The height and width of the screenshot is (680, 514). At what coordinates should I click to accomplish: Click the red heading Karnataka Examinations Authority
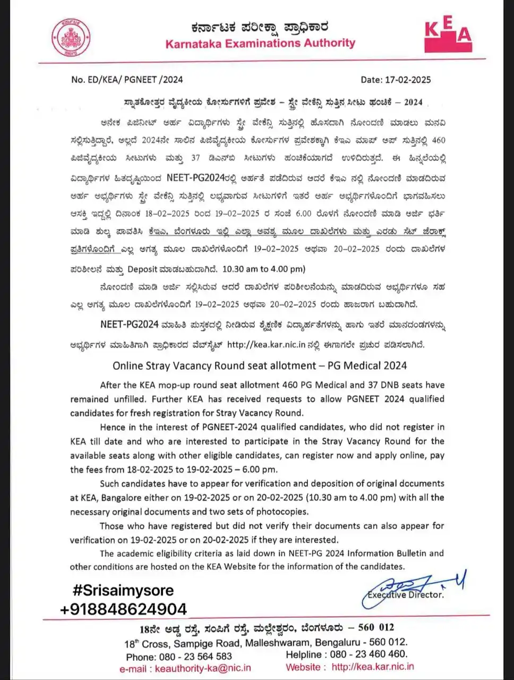260,44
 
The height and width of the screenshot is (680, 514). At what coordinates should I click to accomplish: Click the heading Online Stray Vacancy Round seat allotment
260,365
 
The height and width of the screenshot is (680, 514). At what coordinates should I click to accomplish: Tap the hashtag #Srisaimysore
123,590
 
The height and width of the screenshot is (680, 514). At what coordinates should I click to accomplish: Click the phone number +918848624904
124,609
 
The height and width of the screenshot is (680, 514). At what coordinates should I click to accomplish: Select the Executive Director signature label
406,594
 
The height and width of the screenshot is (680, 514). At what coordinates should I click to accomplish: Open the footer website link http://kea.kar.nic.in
372,667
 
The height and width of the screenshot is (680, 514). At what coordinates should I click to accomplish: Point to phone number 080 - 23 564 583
194,656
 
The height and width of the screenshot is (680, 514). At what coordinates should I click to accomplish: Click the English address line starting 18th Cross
266,642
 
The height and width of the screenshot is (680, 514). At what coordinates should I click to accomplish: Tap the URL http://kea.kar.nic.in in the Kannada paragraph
266,344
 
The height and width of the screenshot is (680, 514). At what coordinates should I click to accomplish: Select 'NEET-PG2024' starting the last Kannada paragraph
130,324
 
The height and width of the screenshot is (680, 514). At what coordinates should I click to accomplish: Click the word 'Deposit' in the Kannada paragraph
143,269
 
